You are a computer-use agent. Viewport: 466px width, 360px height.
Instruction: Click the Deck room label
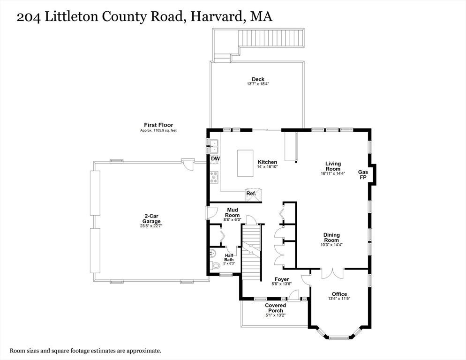click(258, 79)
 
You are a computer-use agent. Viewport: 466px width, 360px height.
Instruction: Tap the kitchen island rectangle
click(245, 163)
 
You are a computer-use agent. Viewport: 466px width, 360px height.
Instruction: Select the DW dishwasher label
click(215, 159)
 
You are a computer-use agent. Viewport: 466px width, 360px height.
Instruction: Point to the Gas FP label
click(363, 174)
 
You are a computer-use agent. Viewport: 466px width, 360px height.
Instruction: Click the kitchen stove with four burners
click(214, 177)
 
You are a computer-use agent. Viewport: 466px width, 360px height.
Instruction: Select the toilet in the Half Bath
click(215, 266)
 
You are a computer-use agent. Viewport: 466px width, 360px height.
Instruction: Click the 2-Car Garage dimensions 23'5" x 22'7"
click(151, 226)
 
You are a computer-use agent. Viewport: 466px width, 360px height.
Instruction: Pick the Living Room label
click(333, 166)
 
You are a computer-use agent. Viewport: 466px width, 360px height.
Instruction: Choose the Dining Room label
click(331, 238)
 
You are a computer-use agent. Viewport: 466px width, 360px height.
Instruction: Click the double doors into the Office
click(332, 273)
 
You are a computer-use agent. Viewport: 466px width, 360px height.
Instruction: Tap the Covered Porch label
click(275, 308)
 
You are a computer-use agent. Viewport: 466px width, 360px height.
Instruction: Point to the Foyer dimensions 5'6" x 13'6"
click(281, 284)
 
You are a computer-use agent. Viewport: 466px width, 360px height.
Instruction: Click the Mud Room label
click(233, 212)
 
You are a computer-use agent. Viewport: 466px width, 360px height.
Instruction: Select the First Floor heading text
click(158, 125)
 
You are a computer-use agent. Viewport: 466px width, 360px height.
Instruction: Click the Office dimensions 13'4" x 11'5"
click(339, 299)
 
